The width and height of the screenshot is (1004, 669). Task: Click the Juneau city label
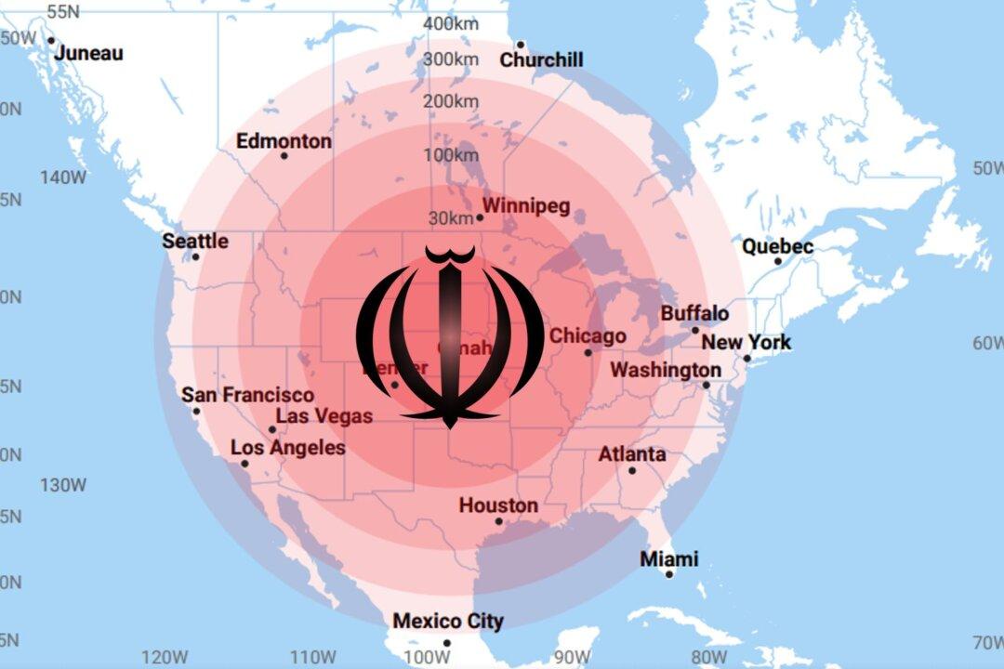point(88,53)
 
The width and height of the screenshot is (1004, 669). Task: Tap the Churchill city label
point(542,59)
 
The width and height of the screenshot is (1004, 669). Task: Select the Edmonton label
point(284,141)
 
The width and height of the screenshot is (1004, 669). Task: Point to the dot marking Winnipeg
point(480,218)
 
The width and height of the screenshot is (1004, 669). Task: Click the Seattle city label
point(195,241)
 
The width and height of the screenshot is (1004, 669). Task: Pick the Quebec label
point(777,246)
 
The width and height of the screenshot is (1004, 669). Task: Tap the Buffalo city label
point(694,313)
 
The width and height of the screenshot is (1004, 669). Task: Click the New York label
point(746,342)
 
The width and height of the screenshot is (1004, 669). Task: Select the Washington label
point(666,370)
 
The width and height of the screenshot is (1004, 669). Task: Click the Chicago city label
point(588,336)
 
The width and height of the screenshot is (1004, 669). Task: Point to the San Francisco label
point(247,395)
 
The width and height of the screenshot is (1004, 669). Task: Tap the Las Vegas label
point(324,416)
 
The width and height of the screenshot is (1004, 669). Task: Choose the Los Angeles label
point(288,448)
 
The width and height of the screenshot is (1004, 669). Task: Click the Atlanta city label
point(632,454)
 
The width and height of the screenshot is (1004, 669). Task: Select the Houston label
point(498,505)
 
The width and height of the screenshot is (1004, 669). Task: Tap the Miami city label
point(669,559)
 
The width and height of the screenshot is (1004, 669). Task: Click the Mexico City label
point(448,621)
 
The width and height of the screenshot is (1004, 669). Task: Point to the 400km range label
point(451,23)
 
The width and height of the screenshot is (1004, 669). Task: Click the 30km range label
point(451,218)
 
